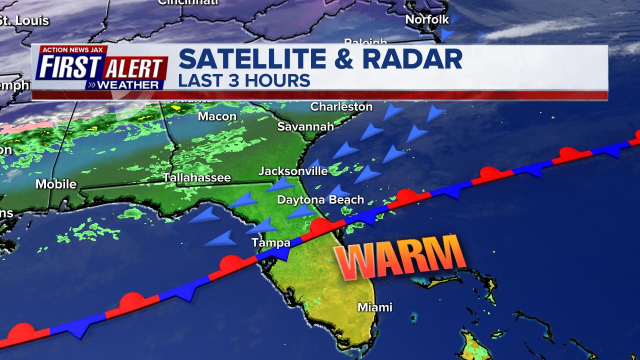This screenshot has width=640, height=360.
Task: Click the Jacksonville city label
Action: point(293,171)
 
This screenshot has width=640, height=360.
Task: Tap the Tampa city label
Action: point(270,243)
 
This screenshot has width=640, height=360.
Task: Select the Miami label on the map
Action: point(374,307)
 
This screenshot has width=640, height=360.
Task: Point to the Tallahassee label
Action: point(196,178)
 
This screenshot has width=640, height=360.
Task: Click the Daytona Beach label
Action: point(320,200)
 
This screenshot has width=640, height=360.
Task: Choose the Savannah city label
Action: point(305,127)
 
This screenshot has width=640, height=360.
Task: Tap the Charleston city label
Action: point(341,107)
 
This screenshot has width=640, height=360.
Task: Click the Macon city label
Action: point(217,116)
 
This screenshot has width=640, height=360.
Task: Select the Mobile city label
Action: point(56,184)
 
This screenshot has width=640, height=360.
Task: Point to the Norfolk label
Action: point(427,20)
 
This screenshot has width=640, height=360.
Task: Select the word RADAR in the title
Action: point(412,59)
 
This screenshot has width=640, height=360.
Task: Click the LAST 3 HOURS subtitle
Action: point(244,80)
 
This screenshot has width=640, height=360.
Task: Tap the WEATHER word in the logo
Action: point(127,85)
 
